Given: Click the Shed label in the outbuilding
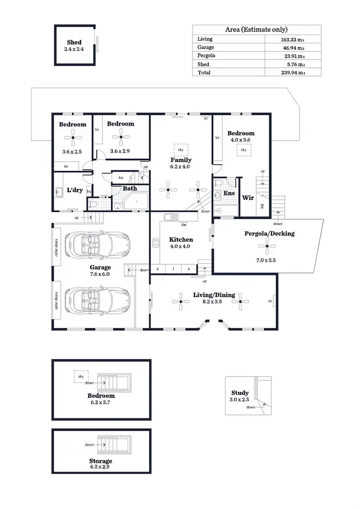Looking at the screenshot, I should point(74,43).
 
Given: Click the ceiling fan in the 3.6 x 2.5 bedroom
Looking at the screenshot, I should point(73,140).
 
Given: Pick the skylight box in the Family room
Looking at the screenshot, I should point(182,149).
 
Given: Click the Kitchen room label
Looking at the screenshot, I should point(181,239).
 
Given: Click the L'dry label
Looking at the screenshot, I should point(75,190).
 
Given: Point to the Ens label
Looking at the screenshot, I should point(228,194).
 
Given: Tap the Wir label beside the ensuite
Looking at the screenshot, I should point(248,197).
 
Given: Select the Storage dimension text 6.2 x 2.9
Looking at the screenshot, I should point(100,466).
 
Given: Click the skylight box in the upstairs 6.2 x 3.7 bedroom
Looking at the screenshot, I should point(81,377).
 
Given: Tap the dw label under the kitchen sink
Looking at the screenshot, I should point(183,223).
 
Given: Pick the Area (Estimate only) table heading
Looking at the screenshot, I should point(256,29).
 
